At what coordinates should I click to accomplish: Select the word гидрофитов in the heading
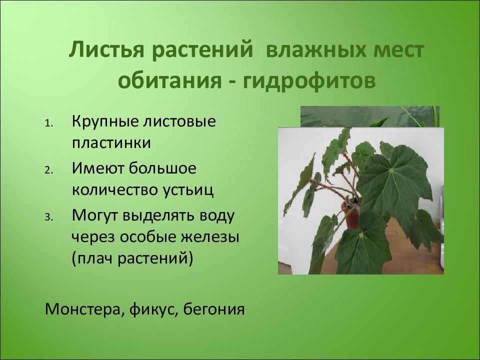(309, 80)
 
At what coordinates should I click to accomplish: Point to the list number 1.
(49, 123)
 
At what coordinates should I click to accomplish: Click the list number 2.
(49, 170)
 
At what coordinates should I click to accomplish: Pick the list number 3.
(49, 217)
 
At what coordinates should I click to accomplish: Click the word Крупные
(105, 122)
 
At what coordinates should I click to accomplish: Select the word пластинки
(111, 143)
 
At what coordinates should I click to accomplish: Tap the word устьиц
(186, 190)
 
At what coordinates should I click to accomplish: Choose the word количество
(113, 190)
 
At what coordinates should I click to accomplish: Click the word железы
(209, 237)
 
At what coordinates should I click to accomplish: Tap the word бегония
(214, 309)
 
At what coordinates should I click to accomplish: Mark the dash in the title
(231, 82)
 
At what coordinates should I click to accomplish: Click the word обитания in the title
(169, 80)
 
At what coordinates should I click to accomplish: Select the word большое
(162, 168)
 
